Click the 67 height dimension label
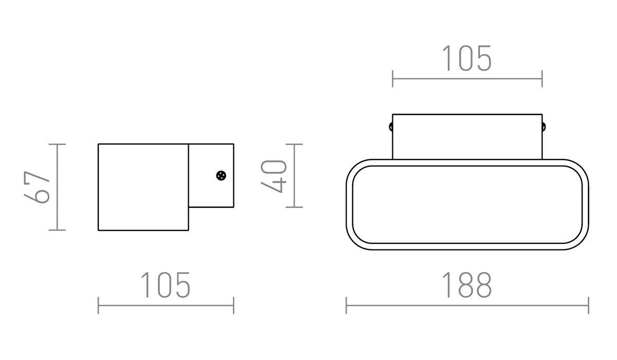[37, 187]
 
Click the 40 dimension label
[274, 176]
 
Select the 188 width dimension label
[467, 285]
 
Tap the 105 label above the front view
[467, 58]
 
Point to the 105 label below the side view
[166, 285]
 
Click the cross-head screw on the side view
[221, 175]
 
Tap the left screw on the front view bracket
[391, 127]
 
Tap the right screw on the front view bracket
[544, 127]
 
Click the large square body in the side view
[143, 187]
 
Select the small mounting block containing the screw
[211, 175]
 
